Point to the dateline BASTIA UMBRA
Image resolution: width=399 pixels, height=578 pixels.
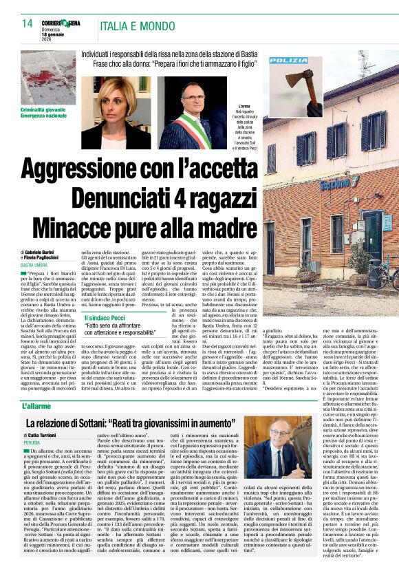[35, 264]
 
